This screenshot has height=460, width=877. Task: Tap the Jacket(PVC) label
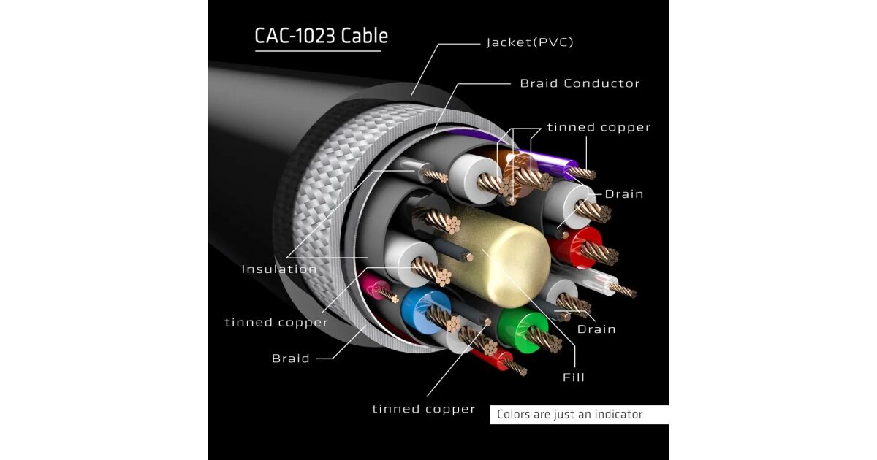coord(530,42)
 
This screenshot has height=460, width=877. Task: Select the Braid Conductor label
coord(580,83)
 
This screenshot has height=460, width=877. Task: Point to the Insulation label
coord(279,269)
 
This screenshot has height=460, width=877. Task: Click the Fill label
coord(574,377)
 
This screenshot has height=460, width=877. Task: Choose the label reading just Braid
coord(291,359)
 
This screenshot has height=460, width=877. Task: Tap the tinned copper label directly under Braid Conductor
coord(599,127)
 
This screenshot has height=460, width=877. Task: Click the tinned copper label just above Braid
coord(276,322)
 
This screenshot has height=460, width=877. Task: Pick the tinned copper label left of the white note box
coord(423,409)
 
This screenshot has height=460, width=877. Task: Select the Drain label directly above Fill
coord(596,329)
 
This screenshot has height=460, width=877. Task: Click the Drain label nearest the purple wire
coord(623,194)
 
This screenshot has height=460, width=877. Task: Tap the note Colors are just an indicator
coord(569,415)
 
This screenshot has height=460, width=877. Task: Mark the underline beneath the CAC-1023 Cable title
coord(318,51)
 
